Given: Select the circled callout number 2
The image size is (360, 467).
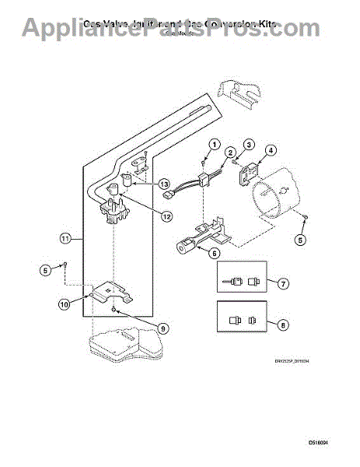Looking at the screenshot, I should pos(231,153).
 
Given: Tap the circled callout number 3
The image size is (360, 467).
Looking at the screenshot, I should pos(249,145).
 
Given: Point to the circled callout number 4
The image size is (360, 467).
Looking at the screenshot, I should pos(271,151).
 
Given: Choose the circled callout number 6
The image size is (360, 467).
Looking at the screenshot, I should pos(214,252).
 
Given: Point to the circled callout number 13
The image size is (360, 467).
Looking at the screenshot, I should pos(164,184).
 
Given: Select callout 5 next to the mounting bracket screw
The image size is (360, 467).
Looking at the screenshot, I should pos(46,270).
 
